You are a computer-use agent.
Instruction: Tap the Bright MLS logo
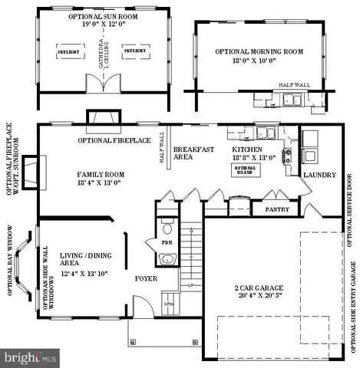point(30,357)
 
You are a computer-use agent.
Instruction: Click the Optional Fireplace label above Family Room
point(115,141)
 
